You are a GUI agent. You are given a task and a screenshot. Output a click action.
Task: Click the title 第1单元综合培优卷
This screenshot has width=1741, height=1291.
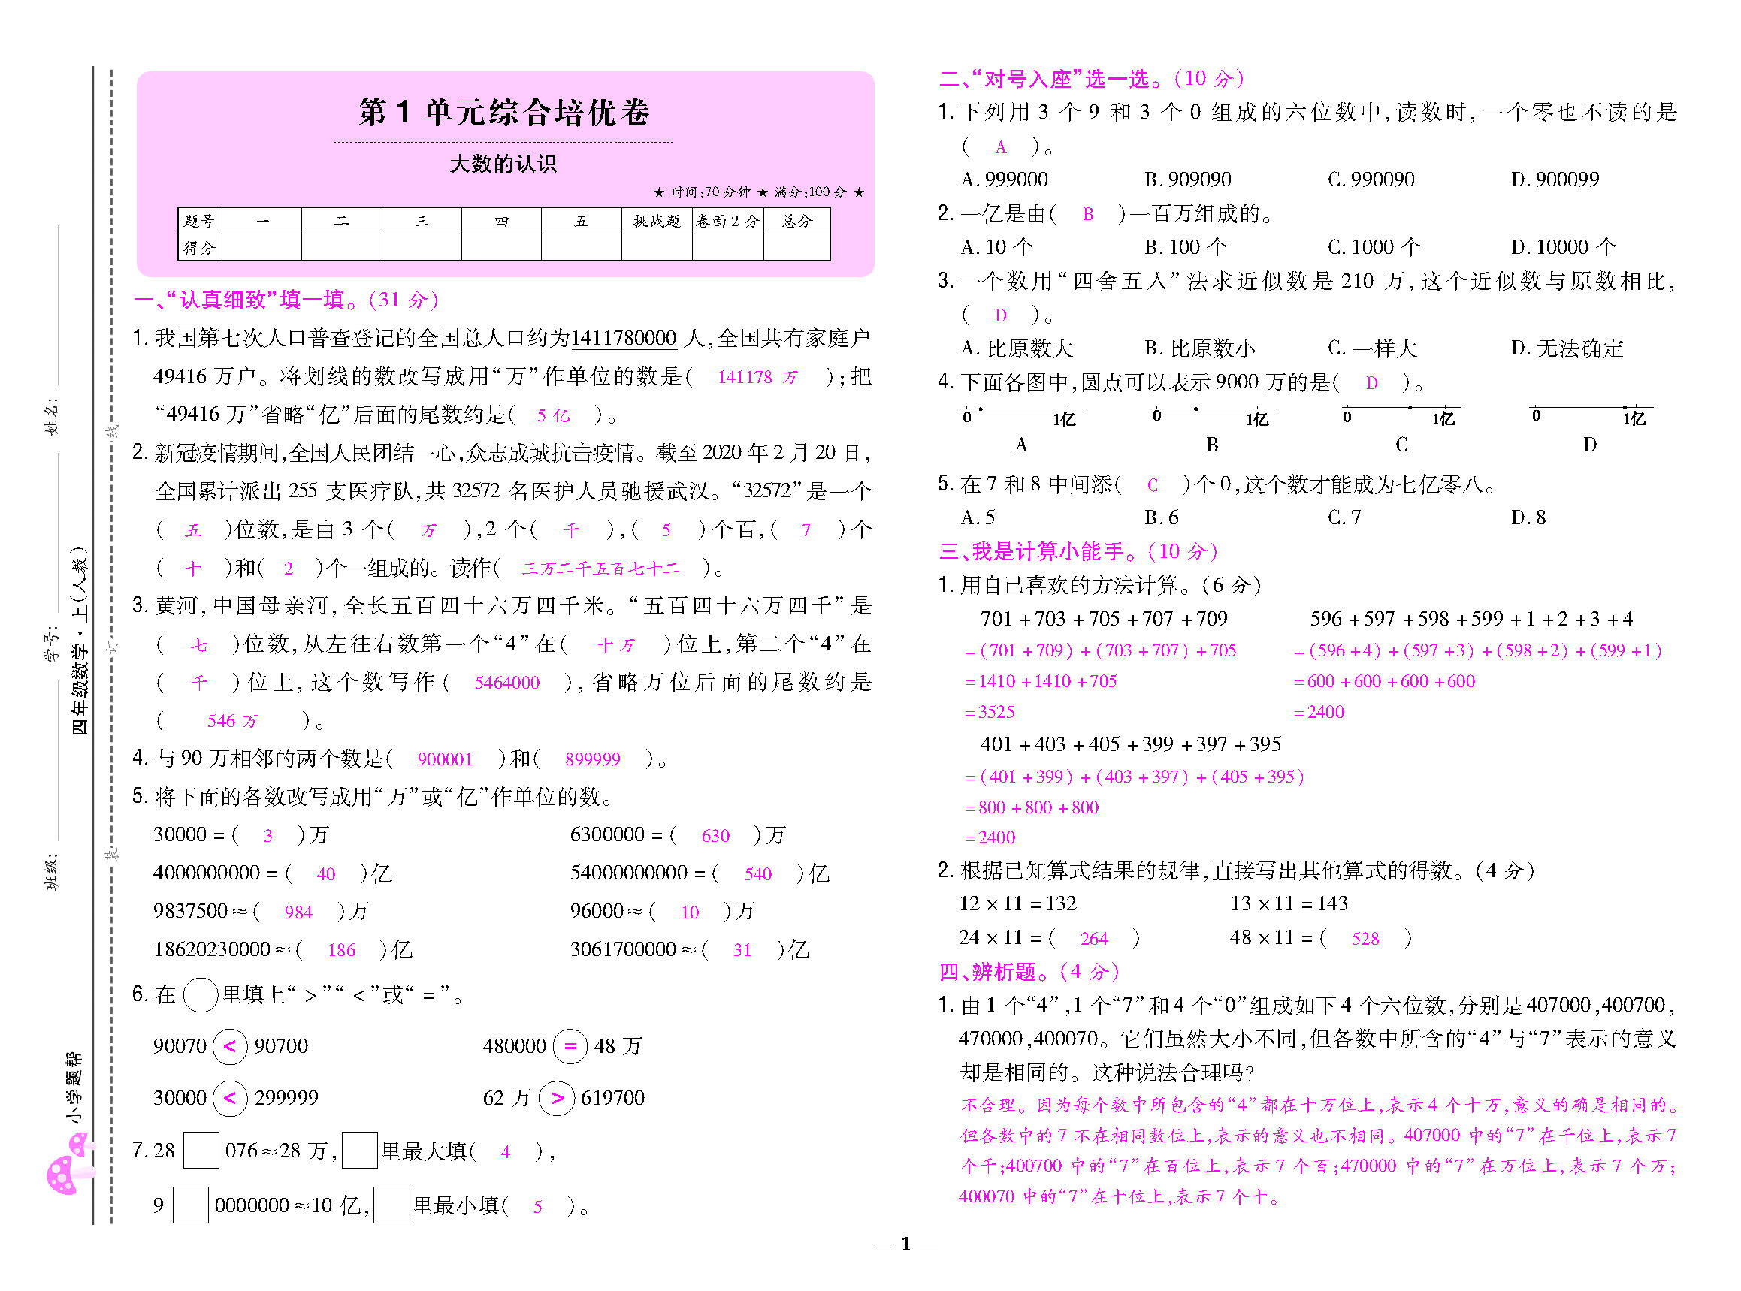coord(504,113)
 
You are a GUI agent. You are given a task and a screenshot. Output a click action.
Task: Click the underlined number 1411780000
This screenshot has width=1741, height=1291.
coord(623,339)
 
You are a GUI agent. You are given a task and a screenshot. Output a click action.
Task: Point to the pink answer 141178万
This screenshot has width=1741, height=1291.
coord(757,378)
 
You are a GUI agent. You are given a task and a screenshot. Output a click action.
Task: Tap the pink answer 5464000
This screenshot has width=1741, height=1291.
coord(506,683)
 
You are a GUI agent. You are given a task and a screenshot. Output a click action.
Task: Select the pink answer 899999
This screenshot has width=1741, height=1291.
coord(593,759)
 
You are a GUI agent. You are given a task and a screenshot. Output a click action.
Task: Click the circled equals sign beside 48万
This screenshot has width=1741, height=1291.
coord(571,1046)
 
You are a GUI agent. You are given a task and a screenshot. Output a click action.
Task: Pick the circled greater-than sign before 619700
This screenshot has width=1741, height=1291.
coord(558,1098)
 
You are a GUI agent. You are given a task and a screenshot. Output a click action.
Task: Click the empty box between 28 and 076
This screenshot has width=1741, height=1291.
coord(200,1151)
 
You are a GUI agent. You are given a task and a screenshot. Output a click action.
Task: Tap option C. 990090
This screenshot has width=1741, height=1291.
coord(1371,179)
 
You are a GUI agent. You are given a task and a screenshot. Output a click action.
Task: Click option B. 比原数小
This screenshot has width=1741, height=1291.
coord(1199,348)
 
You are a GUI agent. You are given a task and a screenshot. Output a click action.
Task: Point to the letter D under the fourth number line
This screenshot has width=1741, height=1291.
coord(1589,445)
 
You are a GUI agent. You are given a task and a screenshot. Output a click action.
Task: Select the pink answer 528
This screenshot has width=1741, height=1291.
coord(1365,940)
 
